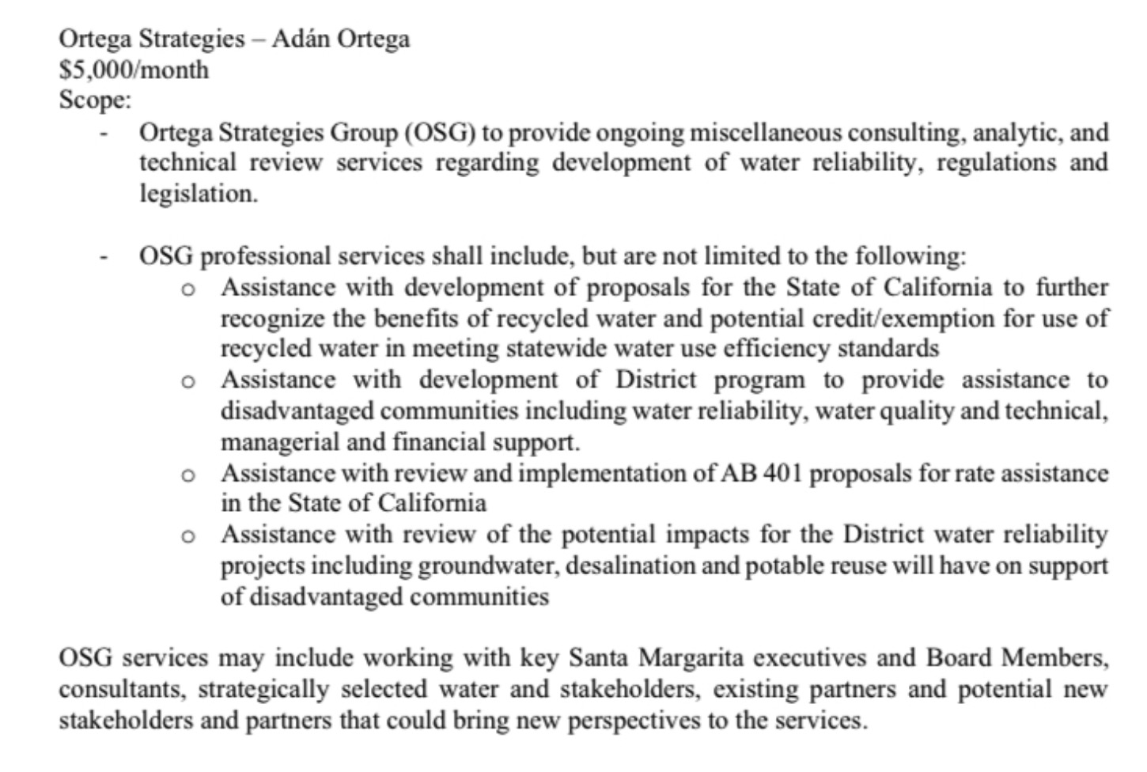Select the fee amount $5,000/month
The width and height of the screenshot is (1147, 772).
(x=134, y=70)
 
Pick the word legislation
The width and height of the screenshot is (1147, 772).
(x=199, y=193)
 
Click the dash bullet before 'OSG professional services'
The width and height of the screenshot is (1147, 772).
(x=103, y=256)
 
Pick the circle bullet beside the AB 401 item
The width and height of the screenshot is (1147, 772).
(x=187, y=475)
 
